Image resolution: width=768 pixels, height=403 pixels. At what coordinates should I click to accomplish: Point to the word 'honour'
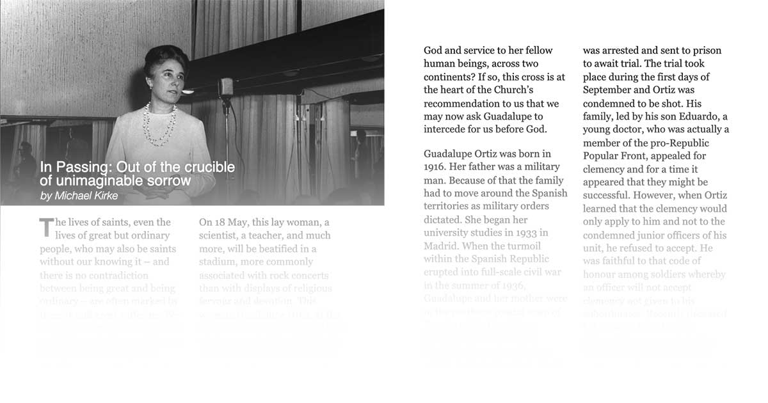click(x=605, y=274)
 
